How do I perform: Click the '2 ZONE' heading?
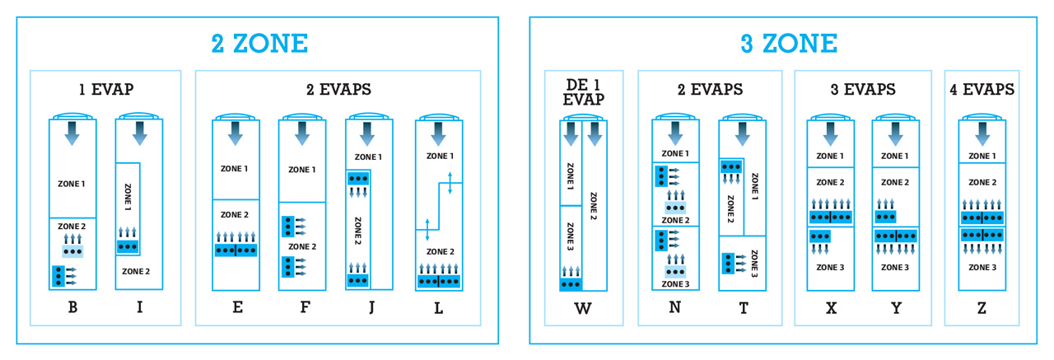tap(259, 43)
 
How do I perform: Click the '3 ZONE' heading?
tap(788, 43)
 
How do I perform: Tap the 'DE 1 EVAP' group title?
tap(585, 91)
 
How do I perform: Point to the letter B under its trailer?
tap(72, 308)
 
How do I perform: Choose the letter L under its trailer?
tap(438, 308)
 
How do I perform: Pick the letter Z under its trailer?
tap(982, 308)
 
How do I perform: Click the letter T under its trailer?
tap(743, 308)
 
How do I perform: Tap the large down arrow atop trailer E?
tap(236, 133)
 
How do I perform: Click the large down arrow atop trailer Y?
tap(895, 133)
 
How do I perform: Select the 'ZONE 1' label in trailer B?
tap(72, 183)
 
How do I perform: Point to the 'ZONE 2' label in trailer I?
tap(136, 270)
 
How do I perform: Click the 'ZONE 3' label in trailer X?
tap(830, 267)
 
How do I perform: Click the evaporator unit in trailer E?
tap(236, 250)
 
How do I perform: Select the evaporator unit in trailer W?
tap(571, 284)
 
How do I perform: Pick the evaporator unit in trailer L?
tap(438, 280)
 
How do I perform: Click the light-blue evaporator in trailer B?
tap(72, 250)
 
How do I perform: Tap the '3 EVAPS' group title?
tap(862, 89)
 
